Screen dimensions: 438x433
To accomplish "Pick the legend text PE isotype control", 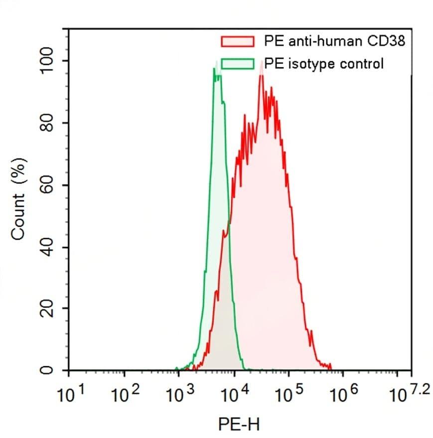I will point(324,64).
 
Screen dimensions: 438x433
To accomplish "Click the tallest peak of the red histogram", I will point(261,76).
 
